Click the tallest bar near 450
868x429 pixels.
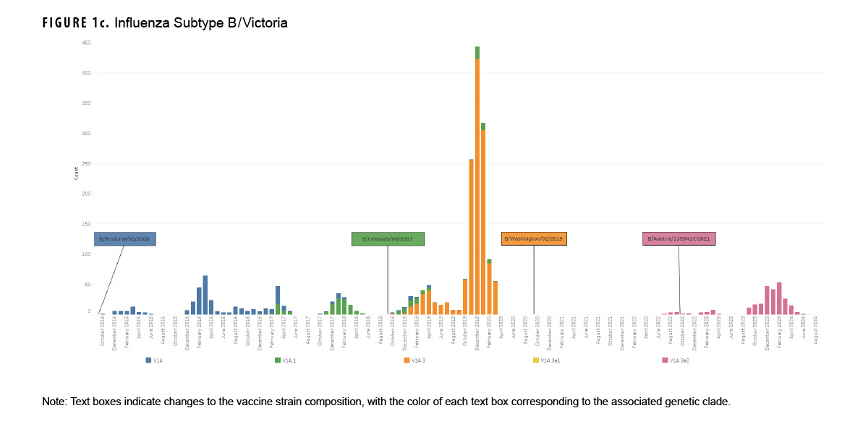pos(477,181)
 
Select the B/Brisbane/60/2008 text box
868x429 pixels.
pos(125,239)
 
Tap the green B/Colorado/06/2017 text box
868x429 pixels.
pos(388,239)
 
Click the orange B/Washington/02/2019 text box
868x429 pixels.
pos(534,239)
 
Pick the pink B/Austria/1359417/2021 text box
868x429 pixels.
pos(678,239)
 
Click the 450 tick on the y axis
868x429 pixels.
pos(86,43)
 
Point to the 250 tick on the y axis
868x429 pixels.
pos(86,164)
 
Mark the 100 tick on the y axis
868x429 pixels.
pos(86,254)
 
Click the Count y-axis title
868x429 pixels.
pos(76,173)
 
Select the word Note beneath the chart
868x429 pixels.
pos(54,402)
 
